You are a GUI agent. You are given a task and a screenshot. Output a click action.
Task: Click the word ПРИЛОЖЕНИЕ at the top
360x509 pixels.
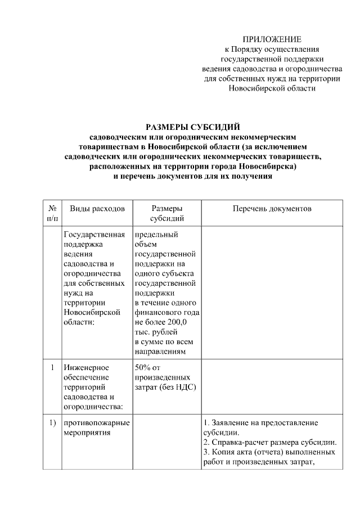click(272, 39)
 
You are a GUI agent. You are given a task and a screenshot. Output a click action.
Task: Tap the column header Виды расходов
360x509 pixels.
click(97, 209)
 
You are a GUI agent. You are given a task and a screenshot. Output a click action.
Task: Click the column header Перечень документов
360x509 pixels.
click(272, 209)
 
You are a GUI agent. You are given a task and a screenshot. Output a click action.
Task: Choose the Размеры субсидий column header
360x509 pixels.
click(166, 213)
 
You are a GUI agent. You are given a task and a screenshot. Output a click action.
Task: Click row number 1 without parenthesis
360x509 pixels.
click(52, 367)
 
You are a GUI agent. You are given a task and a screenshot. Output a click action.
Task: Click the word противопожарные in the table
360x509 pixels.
click(97, 422)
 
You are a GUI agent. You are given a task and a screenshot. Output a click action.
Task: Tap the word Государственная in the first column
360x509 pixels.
click(93, 235)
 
